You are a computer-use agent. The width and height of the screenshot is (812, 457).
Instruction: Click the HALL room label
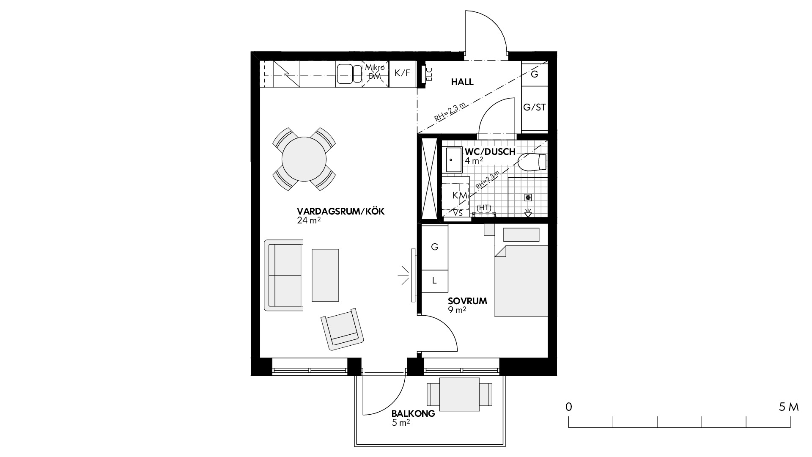[x=462, y=82]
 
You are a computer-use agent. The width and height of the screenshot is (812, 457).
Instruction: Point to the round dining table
[x=304, y=159]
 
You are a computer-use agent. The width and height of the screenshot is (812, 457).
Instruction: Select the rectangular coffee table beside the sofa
[x=325, y=275]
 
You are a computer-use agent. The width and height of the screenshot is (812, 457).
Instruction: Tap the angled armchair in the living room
[x=342, y=329]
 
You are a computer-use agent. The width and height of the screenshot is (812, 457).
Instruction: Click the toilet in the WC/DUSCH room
[x=532, y=162]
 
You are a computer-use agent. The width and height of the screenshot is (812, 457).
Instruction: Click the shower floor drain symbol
[x=528, y=197]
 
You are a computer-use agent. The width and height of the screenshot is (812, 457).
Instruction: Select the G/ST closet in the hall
[x=535, y=107]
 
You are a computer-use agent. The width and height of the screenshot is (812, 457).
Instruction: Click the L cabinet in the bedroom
[x=434, y=281]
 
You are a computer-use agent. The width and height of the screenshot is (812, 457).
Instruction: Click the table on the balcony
[x=460, y=395]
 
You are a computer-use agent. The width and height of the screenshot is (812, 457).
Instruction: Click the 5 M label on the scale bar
[x=789, y=407]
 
